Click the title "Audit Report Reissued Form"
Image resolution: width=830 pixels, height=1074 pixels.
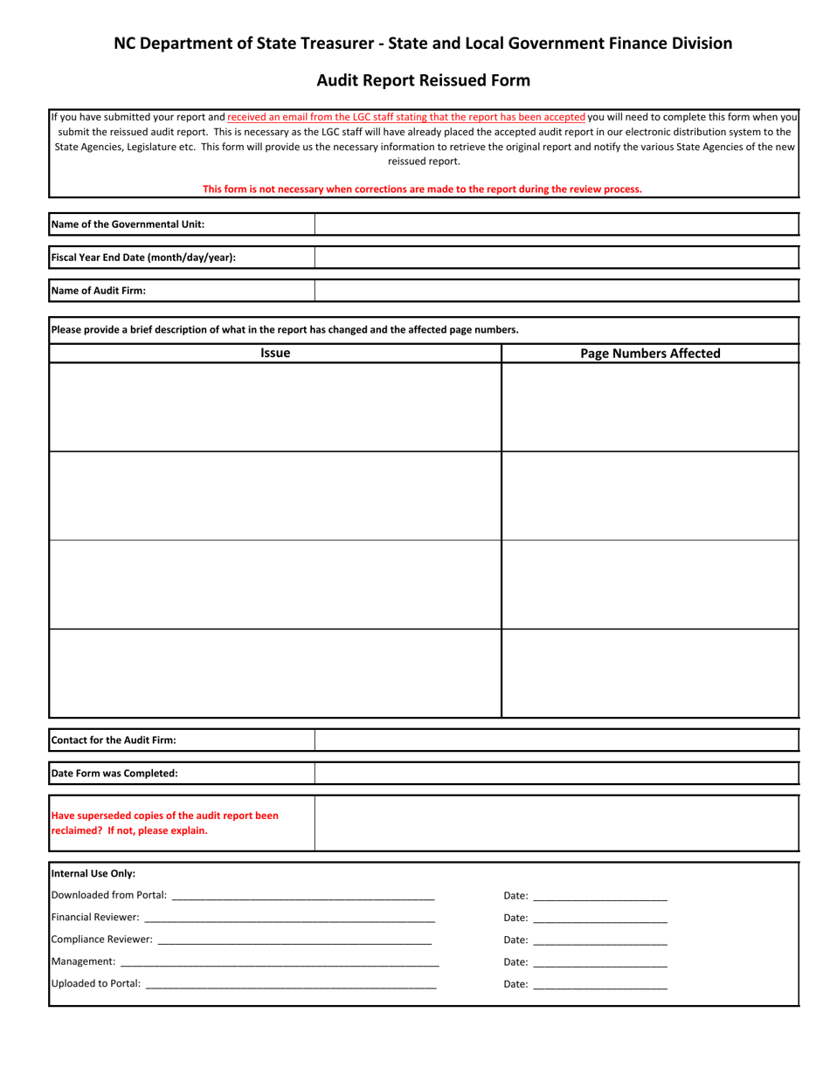point(423,81)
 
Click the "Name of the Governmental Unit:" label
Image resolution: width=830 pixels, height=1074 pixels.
point(128,224)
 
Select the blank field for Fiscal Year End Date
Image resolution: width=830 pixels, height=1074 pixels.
point(556,258)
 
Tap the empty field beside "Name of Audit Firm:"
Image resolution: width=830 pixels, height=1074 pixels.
point(556,291)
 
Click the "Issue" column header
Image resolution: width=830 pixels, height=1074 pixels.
point(275,354)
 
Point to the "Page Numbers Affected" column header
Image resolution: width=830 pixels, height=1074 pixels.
point(650,354)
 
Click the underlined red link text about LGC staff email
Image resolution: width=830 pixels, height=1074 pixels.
point(406,116)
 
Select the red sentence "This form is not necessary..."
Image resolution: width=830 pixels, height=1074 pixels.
point(422,189)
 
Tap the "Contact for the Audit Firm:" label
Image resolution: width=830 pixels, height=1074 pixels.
point(114,740)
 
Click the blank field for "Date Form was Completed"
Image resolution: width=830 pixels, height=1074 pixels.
point(556,774)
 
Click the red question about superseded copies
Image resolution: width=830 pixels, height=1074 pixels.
point(165,823)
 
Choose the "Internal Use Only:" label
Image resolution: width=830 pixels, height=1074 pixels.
point(93,873)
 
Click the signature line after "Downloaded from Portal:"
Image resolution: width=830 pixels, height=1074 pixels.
point(303,897)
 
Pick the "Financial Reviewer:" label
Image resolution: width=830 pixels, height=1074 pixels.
point(95,918)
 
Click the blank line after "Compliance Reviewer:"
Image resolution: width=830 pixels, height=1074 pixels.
point(294,940)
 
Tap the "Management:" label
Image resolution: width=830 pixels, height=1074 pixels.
point(84,961)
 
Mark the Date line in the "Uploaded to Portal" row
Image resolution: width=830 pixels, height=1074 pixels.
point(599,985)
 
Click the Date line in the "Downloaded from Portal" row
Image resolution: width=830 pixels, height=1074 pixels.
point(599,897)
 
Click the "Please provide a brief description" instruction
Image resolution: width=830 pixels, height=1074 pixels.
point(285,330)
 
